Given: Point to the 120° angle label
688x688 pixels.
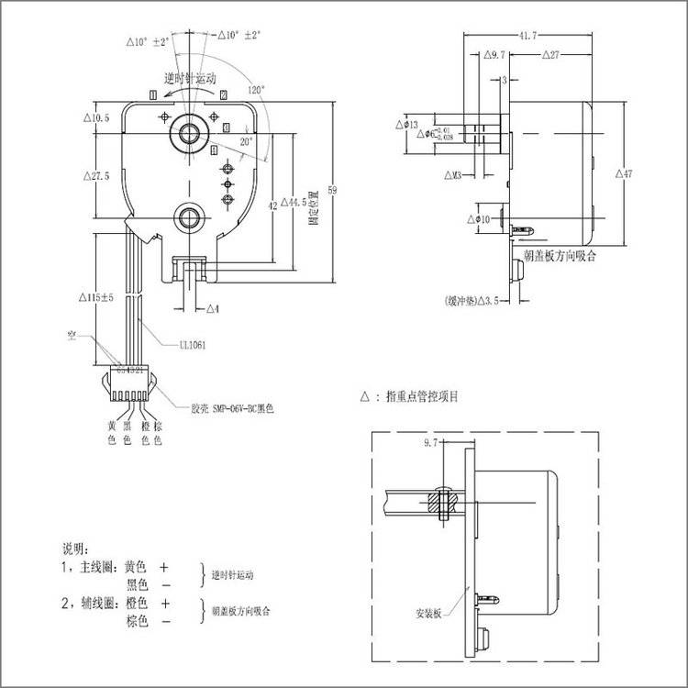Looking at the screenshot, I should pos(256,91).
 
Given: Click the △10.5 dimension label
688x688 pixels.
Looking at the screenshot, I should pos(95,118).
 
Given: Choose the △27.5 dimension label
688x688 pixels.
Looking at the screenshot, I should pos(95,176).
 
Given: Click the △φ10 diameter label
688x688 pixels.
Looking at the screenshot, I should pos(478,219).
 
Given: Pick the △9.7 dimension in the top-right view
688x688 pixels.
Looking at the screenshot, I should pos(493,57).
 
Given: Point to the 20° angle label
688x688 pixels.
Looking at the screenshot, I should pos(246,142).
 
